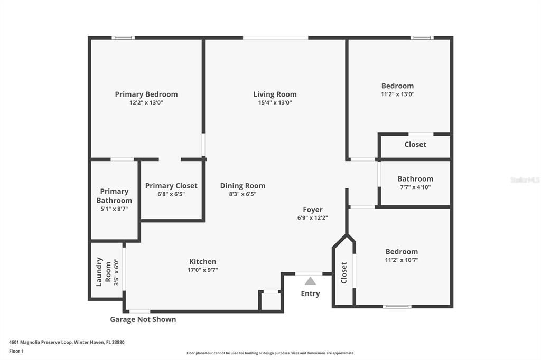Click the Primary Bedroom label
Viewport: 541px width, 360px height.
(146, 94)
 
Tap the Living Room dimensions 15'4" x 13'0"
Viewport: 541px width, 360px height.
(275, 103)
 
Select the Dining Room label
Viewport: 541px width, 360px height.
(242, 186)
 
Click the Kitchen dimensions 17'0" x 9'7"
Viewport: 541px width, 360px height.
(203, 270)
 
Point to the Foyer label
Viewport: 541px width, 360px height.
(313, 210)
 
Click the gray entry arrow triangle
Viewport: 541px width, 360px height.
(310, 281)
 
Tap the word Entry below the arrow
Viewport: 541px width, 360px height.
(310, 293)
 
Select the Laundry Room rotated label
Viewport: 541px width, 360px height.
(104, 271)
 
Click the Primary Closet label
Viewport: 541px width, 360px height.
(171, 186)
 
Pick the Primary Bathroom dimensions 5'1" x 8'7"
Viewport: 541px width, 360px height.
(114, 209)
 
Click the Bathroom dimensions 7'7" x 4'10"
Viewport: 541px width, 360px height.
(415, 187)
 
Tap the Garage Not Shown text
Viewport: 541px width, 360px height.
(143, 319)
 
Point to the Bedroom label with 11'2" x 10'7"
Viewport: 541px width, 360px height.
(402, 252)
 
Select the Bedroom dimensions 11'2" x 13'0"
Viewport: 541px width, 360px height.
(398, 94)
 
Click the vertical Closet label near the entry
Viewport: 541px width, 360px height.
(344, 272)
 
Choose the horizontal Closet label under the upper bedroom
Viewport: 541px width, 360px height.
(415, 144)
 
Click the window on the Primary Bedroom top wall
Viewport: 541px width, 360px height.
(123, 37)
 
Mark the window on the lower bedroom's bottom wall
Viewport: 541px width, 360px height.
(397, 306)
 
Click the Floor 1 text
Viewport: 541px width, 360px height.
(16, 351)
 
